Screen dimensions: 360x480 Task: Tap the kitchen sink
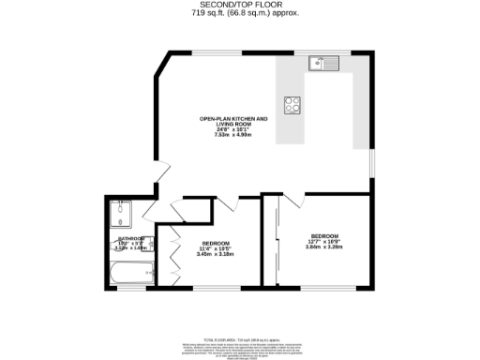click(x=324, y=64)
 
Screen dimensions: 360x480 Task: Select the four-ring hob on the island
click(x=292, y=104)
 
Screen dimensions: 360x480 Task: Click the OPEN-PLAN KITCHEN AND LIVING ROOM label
click(x=233, y=121)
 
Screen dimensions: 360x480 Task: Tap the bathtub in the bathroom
click(x=129, y=275)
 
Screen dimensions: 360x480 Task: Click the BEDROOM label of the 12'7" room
click(x=324, y=236)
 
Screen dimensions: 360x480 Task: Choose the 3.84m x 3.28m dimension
click(x=324, y=247)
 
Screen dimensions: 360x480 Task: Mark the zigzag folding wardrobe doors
click(x=175, y=257)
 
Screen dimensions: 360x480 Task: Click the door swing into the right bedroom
click(x=292, y=200)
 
